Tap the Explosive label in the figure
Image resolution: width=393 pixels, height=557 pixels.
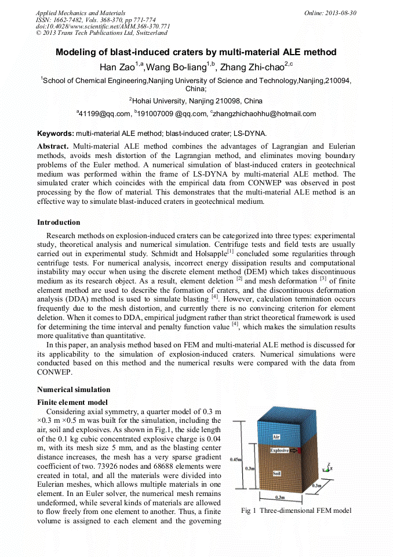coord(280,451)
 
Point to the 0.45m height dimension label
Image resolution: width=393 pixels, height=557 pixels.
coord(235,459)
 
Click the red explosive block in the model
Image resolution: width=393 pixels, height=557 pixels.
coord(300,451)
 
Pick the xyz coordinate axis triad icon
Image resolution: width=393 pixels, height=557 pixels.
coord(328,466)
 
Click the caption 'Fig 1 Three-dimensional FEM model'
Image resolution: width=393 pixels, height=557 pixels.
coord(296,511)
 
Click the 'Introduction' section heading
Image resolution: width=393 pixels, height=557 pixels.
coord(59,222)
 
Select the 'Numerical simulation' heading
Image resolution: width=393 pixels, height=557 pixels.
coord(74,390)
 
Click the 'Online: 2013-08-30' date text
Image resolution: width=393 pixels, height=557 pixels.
coord(330,12)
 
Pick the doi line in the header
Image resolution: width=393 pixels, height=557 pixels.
coord(103,26)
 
